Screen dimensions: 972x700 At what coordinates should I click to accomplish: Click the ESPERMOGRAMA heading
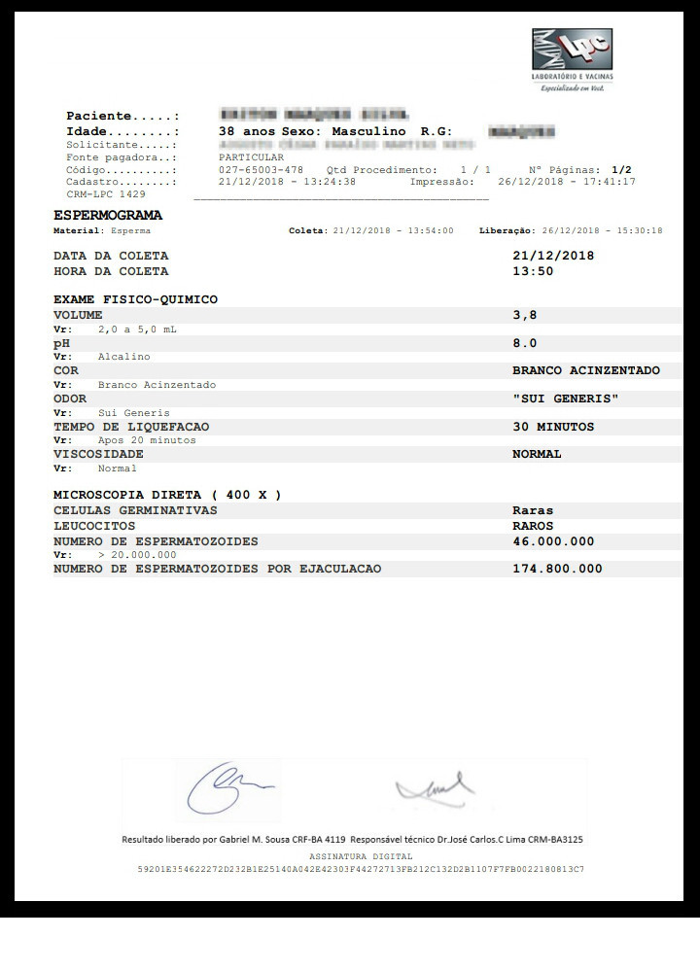[108, 215]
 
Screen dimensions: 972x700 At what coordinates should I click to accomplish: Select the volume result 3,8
[524, 315]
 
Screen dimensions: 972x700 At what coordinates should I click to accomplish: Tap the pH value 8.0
[524, 343]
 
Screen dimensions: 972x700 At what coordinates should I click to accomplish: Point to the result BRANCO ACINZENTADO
[585, 370]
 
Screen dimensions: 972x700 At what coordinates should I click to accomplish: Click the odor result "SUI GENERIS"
[565, 399]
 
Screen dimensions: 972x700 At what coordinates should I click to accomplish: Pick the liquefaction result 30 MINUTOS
[552, 427]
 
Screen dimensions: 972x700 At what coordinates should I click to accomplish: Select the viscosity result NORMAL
[537, 454]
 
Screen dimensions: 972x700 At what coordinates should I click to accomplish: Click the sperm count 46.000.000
[553, 541]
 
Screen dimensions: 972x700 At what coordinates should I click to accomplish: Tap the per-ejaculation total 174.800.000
[557, 569]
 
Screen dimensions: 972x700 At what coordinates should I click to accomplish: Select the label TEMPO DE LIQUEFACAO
[131, 427]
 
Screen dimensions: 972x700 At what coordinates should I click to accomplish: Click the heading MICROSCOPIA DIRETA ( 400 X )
[167, 495]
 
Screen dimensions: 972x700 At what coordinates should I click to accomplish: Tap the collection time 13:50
[533, 271]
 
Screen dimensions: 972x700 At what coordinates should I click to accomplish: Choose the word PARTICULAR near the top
[252, 156]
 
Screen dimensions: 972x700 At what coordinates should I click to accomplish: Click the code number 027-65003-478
[262, 169]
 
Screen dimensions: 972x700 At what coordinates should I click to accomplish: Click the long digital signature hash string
[361, 869]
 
